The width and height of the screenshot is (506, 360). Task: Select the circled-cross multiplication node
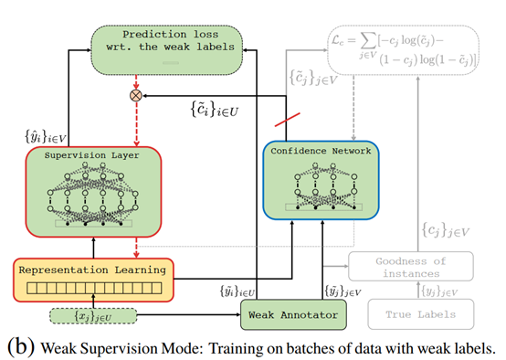click(138, 93)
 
